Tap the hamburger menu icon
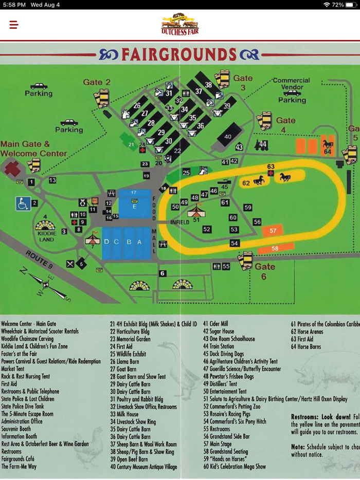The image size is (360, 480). (x=14, y=25)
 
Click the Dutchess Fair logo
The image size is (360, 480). (x=180, y=24)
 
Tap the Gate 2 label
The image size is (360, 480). (x=97, y=82)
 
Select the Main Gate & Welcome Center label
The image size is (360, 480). (x=33, y=149)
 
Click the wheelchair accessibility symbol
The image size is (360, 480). (x=23, y=204)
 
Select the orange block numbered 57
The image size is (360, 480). (x=273, y=231)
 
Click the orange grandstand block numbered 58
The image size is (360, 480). (x=275, y=249)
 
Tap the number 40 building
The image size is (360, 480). (x=228, y=137)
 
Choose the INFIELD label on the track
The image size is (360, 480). (x=180, y=222)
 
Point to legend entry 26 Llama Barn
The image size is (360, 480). (x=123, y=361)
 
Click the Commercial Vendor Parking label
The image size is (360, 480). (x=292, y=90)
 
